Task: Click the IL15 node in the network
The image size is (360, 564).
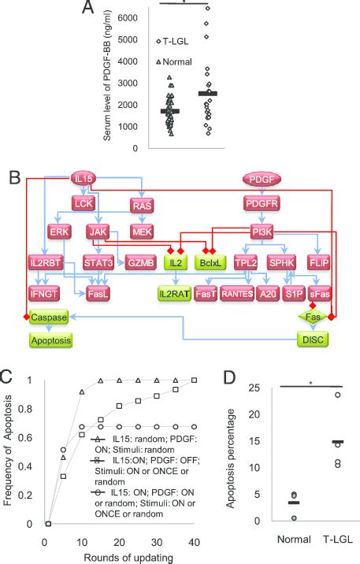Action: (84, 180)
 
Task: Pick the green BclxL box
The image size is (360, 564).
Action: (209, 262)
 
